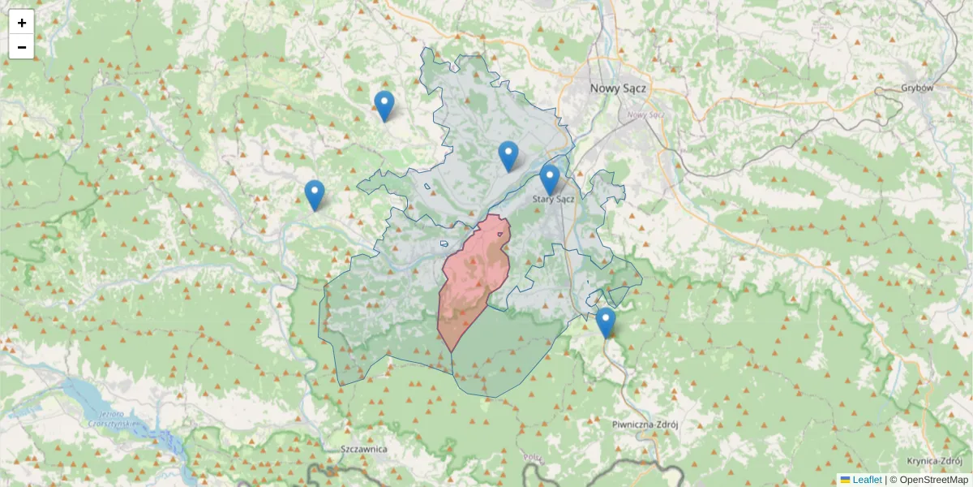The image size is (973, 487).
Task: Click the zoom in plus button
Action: coord(21,23)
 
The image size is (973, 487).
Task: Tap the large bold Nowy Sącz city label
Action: coord(618,88)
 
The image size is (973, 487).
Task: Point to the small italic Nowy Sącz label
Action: coord(645,114)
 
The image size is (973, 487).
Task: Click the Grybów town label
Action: coord(917,88)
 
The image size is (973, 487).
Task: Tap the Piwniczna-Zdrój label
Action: coord(645,424)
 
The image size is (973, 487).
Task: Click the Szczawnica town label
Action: coord(365,449)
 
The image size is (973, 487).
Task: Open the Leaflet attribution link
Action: coord(867,480)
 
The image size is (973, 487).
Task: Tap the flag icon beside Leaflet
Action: coord(845,480)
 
